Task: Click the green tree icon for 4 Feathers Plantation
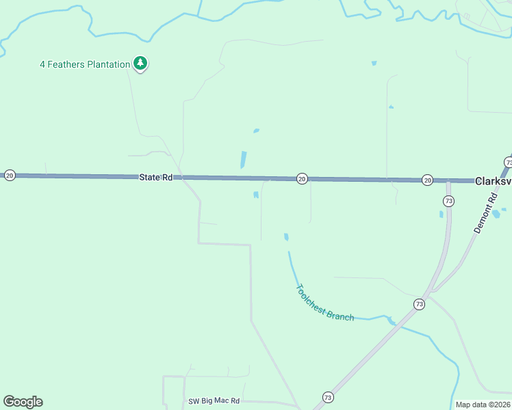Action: pos(140,64)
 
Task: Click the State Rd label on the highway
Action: pos(155,177)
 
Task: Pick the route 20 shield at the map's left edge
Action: pos(10,176)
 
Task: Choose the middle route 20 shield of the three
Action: pos(301,178)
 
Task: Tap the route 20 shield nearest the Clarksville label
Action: pos(426,180)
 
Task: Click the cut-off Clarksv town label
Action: pos(493,181)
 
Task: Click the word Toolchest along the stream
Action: pos(310,300)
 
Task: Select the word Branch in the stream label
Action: pos(340,316)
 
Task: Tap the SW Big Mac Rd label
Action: pos(214,400)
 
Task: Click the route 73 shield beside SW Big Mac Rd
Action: pos(327,397)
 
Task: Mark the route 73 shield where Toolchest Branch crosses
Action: pos(418,303)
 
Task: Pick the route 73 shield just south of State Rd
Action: pos(448,201)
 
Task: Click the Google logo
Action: pos(23,402)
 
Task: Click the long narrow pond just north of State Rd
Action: pos(243,159)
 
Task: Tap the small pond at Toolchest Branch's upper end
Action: pos(286,237)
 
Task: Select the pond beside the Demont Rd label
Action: pos(496,214)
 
